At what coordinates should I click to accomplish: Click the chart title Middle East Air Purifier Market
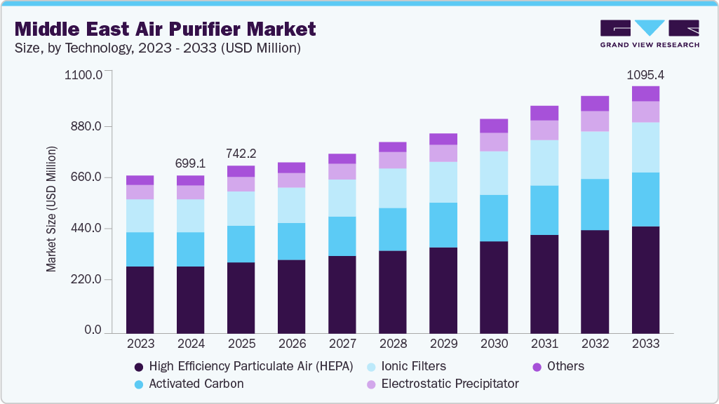(x=166, y=29)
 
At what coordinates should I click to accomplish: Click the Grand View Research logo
(x=649, y=33)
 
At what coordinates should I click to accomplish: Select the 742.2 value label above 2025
(x=241, y=154)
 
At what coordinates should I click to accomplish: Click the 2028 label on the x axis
(x=392, y=344)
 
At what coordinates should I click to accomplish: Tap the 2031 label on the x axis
(x=544, y=344)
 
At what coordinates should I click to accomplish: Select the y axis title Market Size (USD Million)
(x=51, y=210)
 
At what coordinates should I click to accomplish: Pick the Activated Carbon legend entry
(x=196, y=384)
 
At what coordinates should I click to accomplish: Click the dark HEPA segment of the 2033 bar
(x=645, y=280)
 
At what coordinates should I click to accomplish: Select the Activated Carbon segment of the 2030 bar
(x=494, y=218)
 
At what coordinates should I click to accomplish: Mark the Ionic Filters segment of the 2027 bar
(x=342, y=198)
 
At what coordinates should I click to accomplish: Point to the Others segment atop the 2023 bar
(x=140, y=180)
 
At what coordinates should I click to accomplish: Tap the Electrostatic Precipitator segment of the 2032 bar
(x=595, y=121)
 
